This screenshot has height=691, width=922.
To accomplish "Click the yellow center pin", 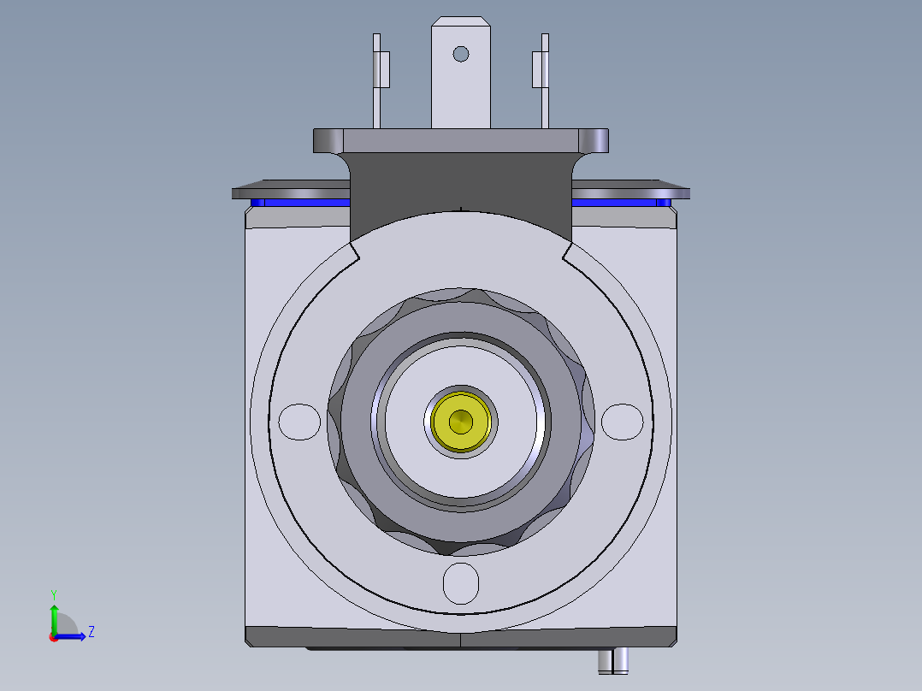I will point(461,421).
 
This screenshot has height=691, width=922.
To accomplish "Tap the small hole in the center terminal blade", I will point(461,54).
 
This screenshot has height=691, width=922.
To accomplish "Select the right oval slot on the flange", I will point(622,421).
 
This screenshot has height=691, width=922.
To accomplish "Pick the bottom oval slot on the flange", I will point(461,582).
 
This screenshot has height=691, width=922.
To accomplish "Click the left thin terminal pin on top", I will point(376,81).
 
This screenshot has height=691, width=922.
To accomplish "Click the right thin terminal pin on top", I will point(544,81).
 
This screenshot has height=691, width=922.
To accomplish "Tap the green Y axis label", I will point(53,594).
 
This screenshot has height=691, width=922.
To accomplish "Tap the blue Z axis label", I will point(91,632).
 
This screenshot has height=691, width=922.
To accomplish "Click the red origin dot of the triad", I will point(54,636).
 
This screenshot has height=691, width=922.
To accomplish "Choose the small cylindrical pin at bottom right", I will point(614,659).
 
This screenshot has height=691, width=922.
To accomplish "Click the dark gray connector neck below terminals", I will point(460,184).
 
